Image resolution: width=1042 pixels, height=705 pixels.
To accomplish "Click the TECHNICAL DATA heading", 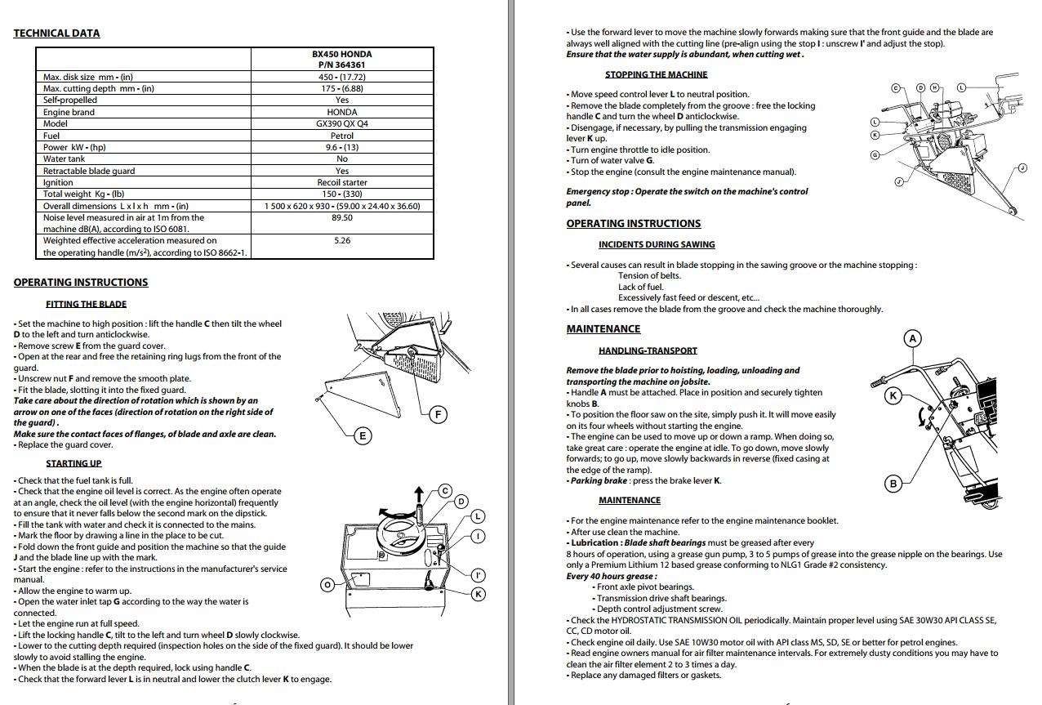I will coord(56,33).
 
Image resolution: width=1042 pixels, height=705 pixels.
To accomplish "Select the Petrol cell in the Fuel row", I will coord(342,136).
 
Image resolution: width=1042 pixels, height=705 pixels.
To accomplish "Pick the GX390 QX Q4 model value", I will coord(342,124).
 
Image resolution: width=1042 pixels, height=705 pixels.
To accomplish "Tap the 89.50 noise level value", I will coord(342,218).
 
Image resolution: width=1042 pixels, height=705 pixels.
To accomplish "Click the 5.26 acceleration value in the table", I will coord(342,241).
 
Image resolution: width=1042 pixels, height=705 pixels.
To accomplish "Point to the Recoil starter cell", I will coord(342,183).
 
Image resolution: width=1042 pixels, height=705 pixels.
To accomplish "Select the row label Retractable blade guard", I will coord(89,171).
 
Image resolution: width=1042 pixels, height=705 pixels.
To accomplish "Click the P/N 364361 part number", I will coord(342,65).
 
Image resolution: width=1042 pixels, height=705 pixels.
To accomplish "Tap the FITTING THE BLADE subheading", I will coord(86,304).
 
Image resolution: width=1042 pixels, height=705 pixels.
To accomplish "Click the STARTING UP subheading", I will coord(73,463).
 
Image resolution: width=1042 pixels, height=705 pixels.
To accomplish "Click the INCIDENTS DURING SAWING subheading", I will coord(656,244).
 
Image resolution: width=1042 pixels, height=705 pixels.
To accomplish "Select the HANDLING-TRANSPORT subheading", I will coord(648,350).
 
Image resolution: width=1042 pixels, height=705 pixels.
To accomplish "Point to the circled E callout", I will coord(363,435).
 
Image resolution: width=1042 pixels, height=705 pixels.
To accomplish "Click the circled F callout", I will coord(439,414).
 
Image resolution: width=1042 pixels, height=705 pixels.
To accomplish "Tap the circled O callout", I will coord(327,584).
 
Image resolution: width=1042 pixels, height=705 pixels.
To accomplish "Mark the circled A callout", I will coord(913,338).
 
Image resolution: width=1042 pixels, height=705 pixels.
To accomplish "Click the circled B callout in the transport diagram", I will coord(893,484).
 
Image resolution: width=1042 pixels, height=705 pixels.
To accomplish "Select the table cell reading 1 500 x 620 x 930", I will coord(298,206).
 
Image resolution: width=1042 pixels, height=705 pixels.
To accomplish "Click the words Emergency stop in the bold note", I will coord(598,191).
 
